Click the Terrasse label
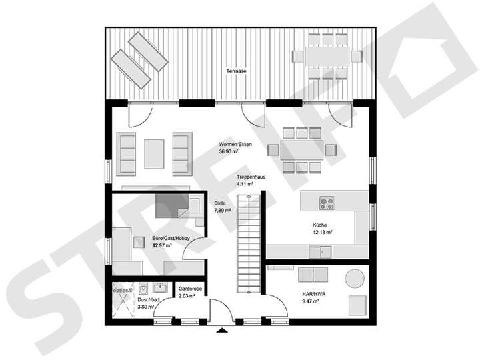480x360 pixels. tap(237, 70)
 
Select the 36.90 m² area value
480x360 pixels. tap(229, 152)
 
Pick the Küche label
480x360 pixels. tap(320, 225)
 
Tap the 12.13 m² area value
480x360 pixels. tap(323, 233)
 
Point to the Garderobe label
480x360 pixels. tap(190, 289)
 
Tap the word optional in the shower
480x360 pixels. tap(122, 291)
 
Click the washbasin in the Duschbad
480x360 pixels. tap(160, 288)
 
